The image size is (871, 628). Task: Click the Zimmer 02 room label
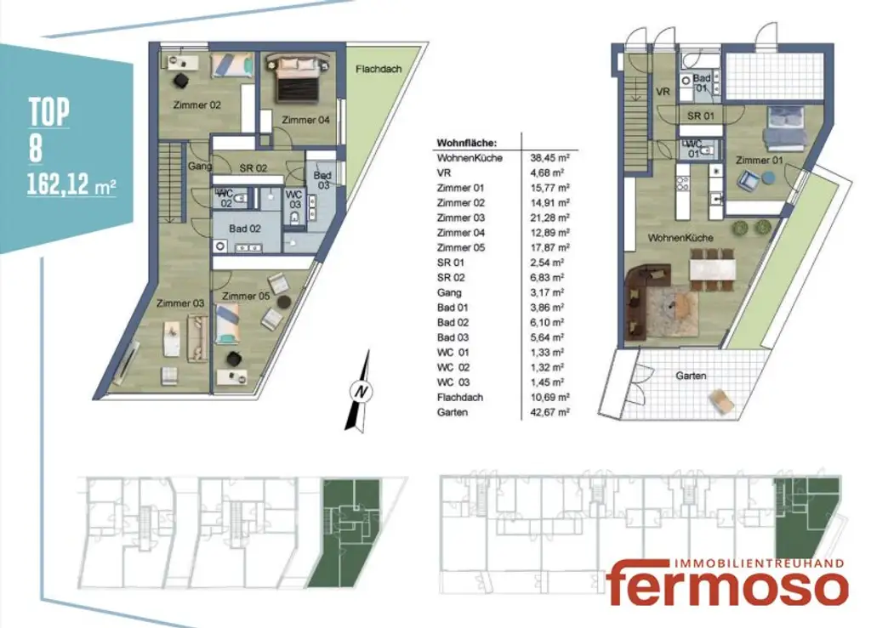[197, 105]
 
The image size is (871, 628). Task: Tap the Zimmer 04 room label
[305, 119]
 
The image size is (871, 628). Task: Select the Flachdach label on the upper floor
[379, 69]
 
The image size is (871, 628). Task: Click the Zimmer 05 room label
[245, 296]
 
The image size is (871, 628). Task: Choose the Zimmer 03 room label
[179, 303]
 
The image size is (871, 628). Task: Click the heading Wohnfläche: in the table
[466, 142]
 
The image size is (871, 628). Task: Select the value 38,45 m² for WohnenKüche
[550, 158]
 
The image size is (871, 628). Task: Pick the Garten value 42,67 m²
[550, 411]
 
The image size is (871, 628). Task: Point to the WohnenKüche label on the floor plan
[680, 238]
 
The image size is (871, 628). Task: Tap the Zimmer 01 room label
[760, 160]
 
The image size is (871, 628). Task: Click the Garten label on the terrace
[692, 375]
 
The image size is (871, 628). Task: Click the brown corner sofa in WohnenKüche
[646, 288]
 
